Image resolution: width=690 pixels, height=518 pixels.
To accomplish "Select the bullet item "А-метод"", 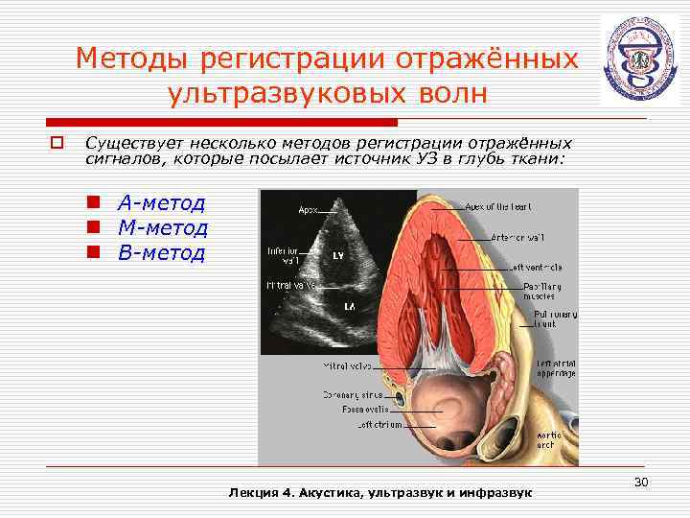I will coord(161,202).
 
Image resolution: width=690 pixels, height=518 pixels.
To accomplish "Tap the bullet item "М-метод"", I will coord(162,227).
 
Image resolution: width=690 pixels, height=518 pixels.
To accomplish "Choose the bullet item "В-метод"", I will coord(161,253).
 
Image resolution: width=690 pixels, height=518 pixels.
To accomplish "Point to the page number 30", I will coord(641,479).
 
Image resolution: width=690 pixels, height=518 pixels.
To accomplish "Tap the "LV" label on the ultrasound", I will coord(339,257).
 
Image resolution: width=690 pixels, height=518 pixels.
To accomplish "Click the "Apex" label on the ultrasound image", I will coord(309,209).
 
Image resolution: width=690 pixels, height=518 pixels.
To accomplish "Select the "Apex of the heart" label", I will coord(499,206).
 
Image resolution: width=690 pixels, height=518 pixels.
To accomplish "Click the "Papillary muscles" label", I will coord(541,292).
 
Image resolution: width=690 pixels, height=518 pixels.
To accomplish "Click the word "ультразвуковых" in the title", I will coord(275,95).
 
